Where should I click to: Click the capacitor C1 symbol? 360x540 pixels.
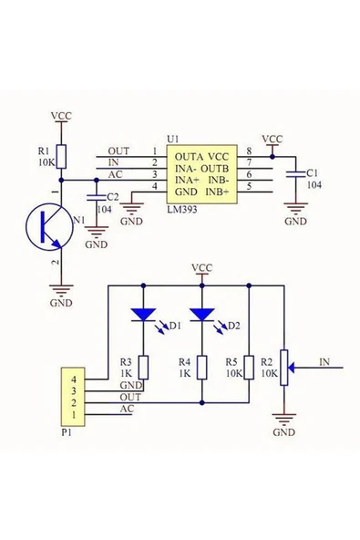[x=295, y=172]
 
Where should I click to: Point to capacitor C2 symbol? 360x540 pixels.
[x=97, y=196]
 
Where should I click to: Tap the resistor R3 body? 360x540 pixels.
[x=142, y=366]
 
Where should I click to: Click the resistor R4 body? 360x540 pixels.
[x=201, y=366]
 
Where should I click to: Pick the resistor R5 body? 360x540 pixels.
[x=248, y=366]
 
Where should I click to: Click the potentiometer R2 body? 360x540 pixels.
[x=283, y=366]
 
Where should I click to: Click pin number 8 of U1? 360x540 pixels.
[x=248, y=151]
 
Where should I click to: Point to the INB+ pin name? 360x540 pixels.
[x=218, y=192]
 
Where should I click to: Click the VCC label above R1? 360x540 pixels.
[x=61, y=117]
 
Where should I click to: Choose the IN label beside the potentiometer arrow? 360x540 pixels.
[x=324, y=361]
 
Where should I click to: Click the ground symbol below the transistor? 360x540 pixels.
[x=61, y=295]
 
